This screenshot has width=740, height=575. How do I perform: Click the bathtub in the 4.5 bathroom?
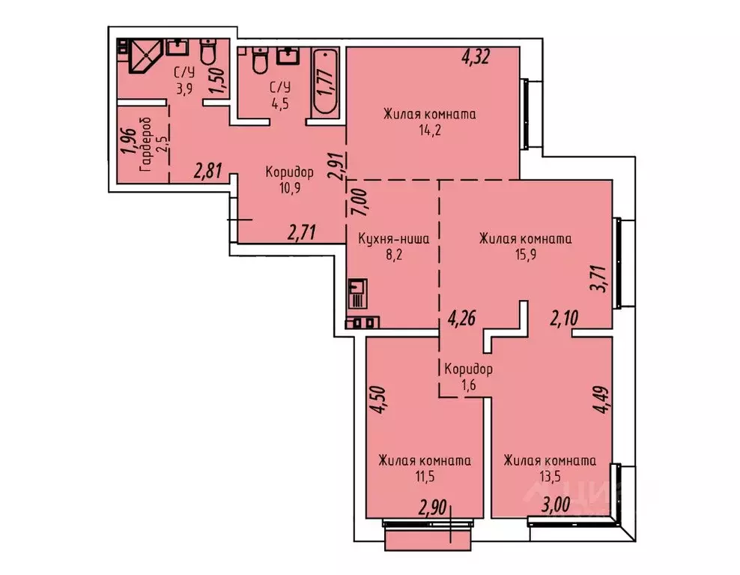point(325,81)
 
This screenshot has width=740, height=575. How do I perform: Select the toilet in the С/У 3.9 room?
point(207,54)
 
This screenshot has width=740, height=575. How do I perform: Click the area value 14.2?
point(430,128)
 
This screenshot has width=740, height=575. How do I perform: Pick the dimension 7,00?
point(358,202)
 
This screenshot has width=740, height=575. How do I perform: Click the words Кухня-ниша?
point(393,240)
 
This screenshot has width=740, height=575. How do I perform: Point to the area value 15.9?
point(525,253)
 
